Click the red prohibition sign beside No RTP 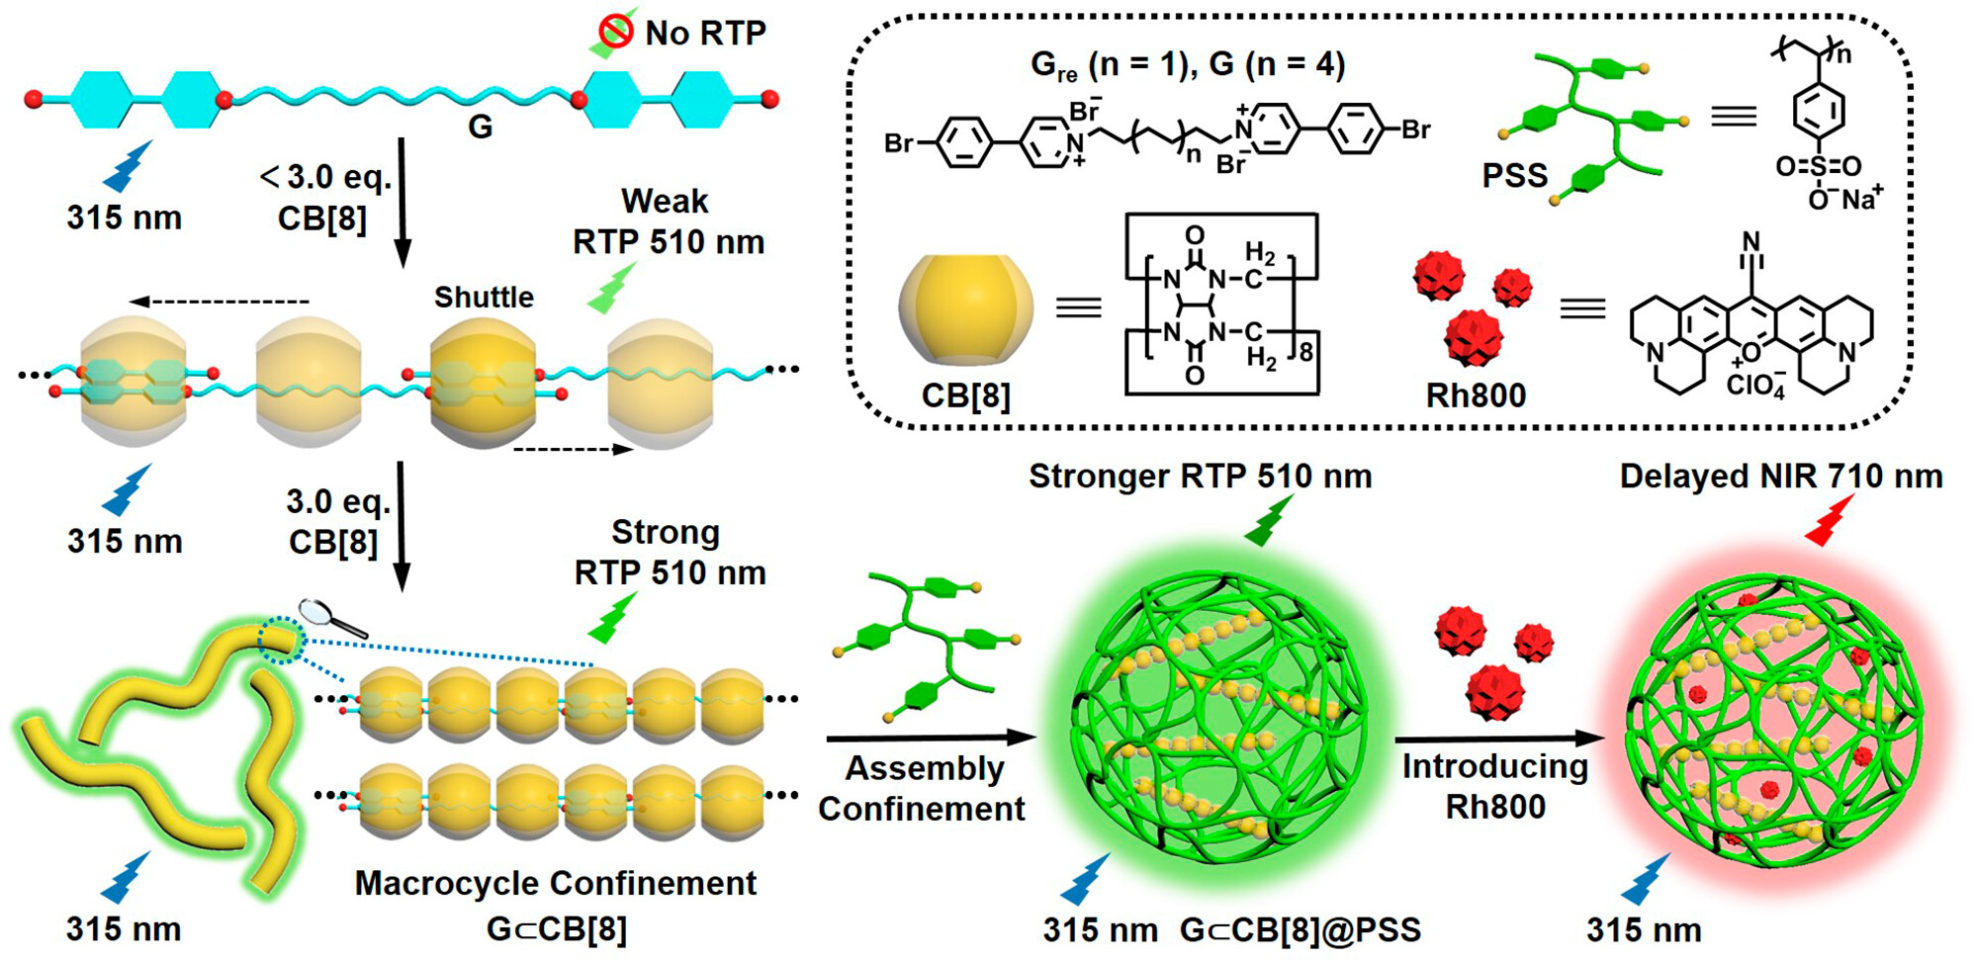point(615,32)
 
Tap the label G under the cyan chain point(480,127)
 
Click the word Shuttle point(484,297)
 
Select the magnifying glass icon point(332,619)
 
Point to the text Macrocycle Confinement point(556,883)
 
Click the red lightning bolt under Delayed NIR point(1829,520)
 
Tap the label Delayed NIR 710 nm point(1781,477)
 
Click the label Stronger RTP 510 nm point(1201,477)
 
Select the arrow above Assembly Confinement point(931,738)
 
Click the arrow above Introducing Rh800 point(1499,739)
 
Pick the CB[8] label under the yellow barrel point(966,395)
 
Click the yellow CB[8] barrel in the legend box point(966,309)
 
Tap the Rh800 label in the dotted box point(1476,395)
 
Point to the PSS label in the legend point(1514,176)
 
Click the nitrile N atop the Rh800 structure point(1751,241)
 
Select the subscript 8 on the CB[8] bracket point(1305,352)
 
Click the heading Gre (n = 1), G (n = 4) point(1188,65)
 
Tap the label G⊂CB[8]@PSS point(1301,929)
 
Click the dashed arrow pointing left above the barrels point(220,302)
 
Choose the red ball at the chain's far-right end point(770,99)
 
